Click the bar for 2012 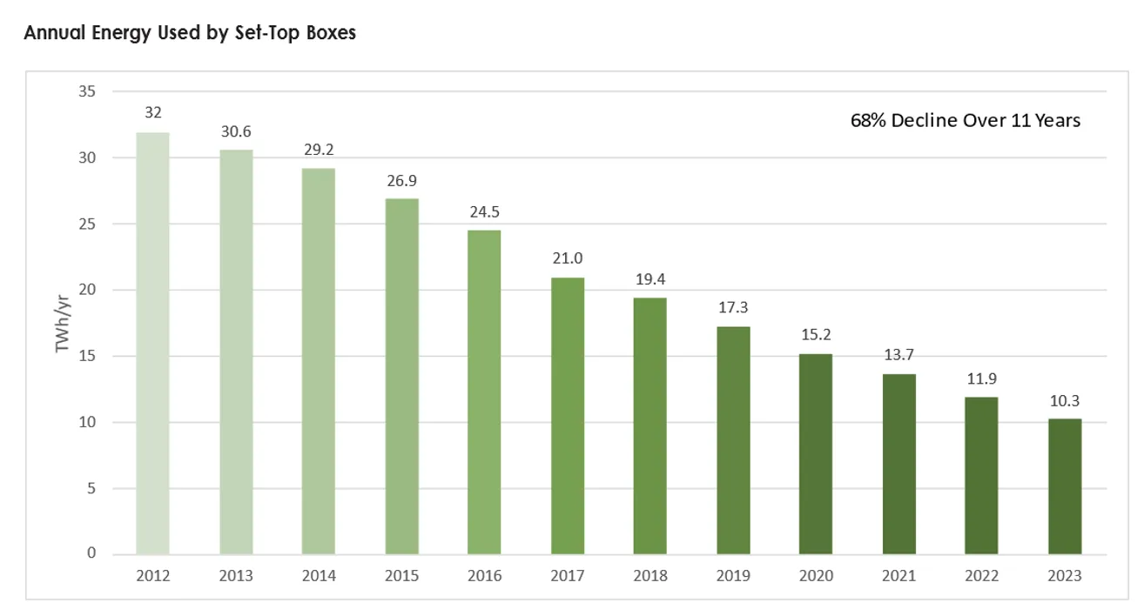(x=153, y=343)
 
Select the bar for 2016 (x=484, y=392)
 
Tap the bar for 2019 (x=733, y=440)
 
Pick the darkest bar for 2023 (x=1065, y=486)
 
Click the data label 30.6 (x=236, y=131)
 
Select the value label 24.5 (x=484, y=212)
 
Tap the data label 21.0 (x=568, y=259)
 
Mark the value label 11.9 (x=981, y=379)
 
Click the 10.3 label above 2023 (x=1065, y=401)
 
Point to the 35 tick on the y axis (x=86, y=91)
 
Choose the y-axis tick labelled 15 (x=87, y=356)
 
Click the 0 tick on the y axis (x=91, y=554)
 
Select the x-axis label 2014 (x=319, y=576)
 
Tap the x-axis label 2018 (x=650, y=576)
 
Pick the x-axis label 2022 (x=981, y=576)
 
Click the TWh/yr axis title (x=63, y=323)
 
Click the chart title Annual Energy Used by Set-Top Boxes (x=190, y=34)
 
